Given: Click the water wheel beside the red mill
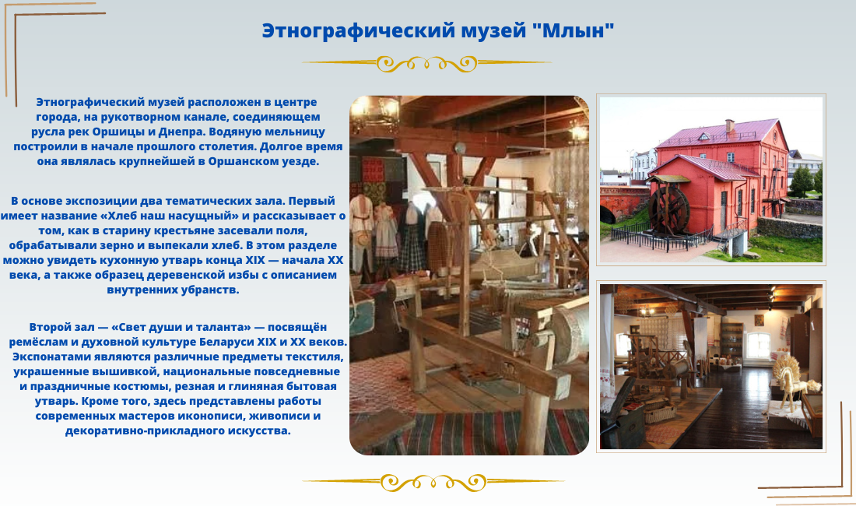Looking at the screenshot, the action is click(x=668, y=209).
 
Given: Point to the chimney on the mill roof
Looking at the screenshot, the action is click(x=729, y=126).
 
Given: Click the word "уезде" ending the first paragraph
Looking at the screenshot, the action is click(x=303, y=162).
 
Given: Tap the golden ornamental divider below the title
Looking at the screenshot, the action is click(x=426, y=64).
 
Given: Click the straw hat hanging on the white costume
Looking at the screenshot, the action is click(x=361, y=238).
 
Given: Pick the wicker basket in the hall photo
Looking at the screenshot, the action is click(x=659, y=413).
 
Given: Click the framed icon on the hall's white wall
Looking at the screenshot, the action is click(x=760, y=319).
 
